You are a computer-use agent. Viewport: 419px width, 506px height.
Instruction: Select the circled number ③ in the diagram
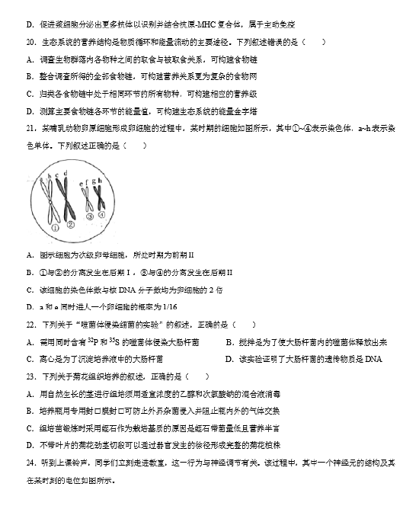point(89,216)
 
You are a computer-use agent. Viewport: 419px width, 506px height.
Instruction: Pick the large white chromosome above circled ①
point(53,200)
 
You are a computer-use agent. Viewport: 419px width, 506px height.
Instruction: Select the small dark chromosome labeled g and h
point(99,200)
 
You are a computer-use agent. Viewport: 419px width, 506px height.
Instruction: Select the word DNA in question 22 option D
point(373,359)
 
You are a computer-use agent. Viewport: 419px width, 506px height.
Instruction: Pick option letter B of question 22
point(229,342)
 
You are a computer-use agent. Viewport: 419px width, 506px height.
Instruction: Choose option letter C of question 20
point(29,94)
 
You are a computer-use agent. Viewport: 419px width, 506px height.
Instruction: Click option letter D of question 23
point(29,447)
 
